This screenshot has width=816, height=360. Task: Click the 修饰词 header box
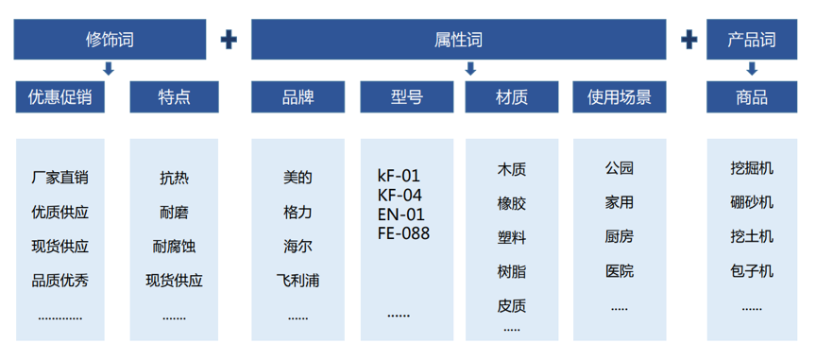[x=110, y=40]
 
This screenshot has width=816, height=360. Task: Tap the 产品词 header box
[x=751, y=40]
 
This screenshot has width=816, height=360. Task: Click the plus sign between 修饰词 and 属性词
[x=228, y=40]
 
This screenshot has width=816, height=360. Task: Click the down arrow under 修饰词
[x=110, y=69]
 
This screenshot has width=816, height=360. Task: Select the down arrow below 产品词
[x=752, y=69]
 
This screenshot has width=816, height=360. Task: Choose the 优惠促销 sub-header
[x=59, y=96]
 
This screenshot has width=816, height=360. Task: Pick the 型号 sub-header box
[x=407, y=96]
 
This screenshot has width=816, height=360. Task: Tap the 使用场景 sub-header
[x=620, y=96]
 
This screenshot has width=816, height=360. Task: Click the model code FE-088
[x=403, y=232]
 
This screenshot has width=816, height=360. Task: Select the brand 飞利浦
[x=297, y=281]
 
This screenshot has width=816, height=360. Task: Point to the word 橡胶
[x=512, y=203]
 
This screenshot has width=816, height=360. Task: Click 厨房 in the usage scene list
[x=620, y=236]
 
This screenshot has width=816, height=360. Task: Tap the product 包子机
[x=752, y=271]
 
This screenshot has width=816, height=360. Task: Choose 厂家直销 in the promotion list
[x=59, y=178]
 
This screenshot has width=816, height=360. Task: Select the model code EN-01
[x=400, y=214]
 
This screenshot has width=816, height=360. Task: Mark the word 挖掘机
[x=752, y=168]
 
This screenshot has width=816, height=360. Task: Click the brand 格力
[x=297, y=212]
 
